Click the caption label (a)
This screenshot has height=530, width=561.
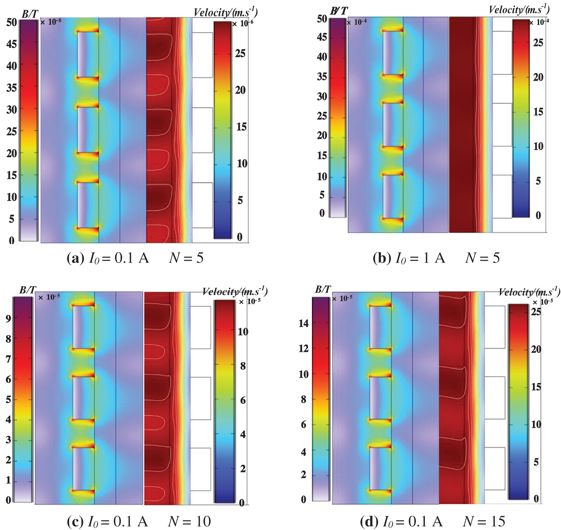tap(75, 258)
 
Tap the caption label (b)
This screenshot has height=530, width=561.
tap(382, 258)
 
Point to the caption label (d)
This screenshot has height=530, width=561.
tap(368, 521)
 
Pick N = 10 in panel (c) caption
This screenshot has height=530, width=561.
tap(190, 521)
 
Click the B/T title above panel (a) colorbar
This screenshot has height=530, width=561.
tap(30, 14)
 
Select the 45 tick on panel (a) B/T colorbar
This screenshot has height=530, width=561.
tap(12, 44)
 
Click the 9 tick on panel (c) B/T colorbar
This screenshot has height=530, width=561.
tap(8, 318)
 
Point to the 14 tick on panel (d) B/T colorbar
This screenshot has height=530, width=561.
tap(304, 323)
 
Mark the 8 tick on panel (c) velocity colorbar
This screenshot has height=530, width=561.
tap(243, 366)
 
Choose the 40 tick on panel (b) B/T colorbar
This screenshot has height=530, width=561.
tap(322, 57)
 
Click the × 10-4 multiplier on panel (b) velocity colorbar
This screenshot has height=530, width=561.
tap(539, 22)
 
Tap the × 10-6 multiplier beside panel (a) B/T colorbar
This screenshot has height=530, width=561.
tap(50, 22)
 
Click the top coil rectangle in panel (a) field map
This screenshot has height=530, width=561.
tap(88, 54)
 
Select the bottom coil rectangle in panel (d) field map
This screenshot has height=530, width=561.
tap(380, 468)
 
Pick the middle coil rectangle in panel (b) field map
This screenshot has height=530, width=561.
tap(393, 125)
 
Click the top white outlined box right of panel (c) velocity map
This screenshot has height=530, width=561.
tap(200, 328)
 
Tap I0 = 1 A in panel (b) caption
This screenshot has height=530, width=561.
tap(420, 258)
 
